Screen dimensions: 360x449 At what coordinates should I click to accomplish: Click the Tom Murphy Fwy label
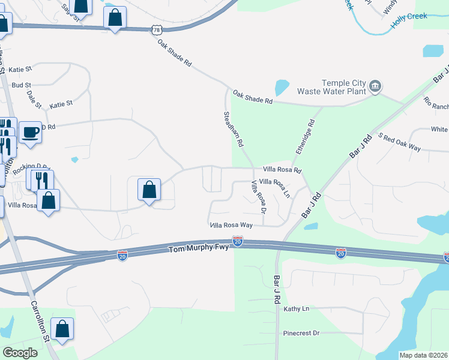[x=198, y=249]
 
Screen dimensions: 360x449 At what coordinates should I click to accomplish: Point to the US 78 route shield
[x=156, y=29]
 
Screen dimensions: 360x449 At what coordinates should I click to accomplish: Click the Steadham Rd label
[x=233, y=130]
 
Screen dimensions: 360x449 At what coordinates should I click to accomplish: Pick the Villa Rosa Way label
[x=231, y=225]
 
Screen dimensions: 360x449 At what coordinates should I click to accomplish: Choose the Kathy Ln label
[x=296, y=309]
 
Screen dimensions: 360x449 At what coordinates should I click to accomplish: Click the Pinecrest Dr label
[x=301, y=332]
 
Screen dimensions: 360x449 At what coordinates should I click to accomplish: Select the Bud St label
[x=20, y=85]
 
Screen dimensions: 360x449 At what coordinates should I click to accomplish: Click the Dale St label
[x=34, y=100]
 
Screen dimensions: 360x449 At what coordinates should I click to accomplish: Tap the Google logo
[x=20, y=353]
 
